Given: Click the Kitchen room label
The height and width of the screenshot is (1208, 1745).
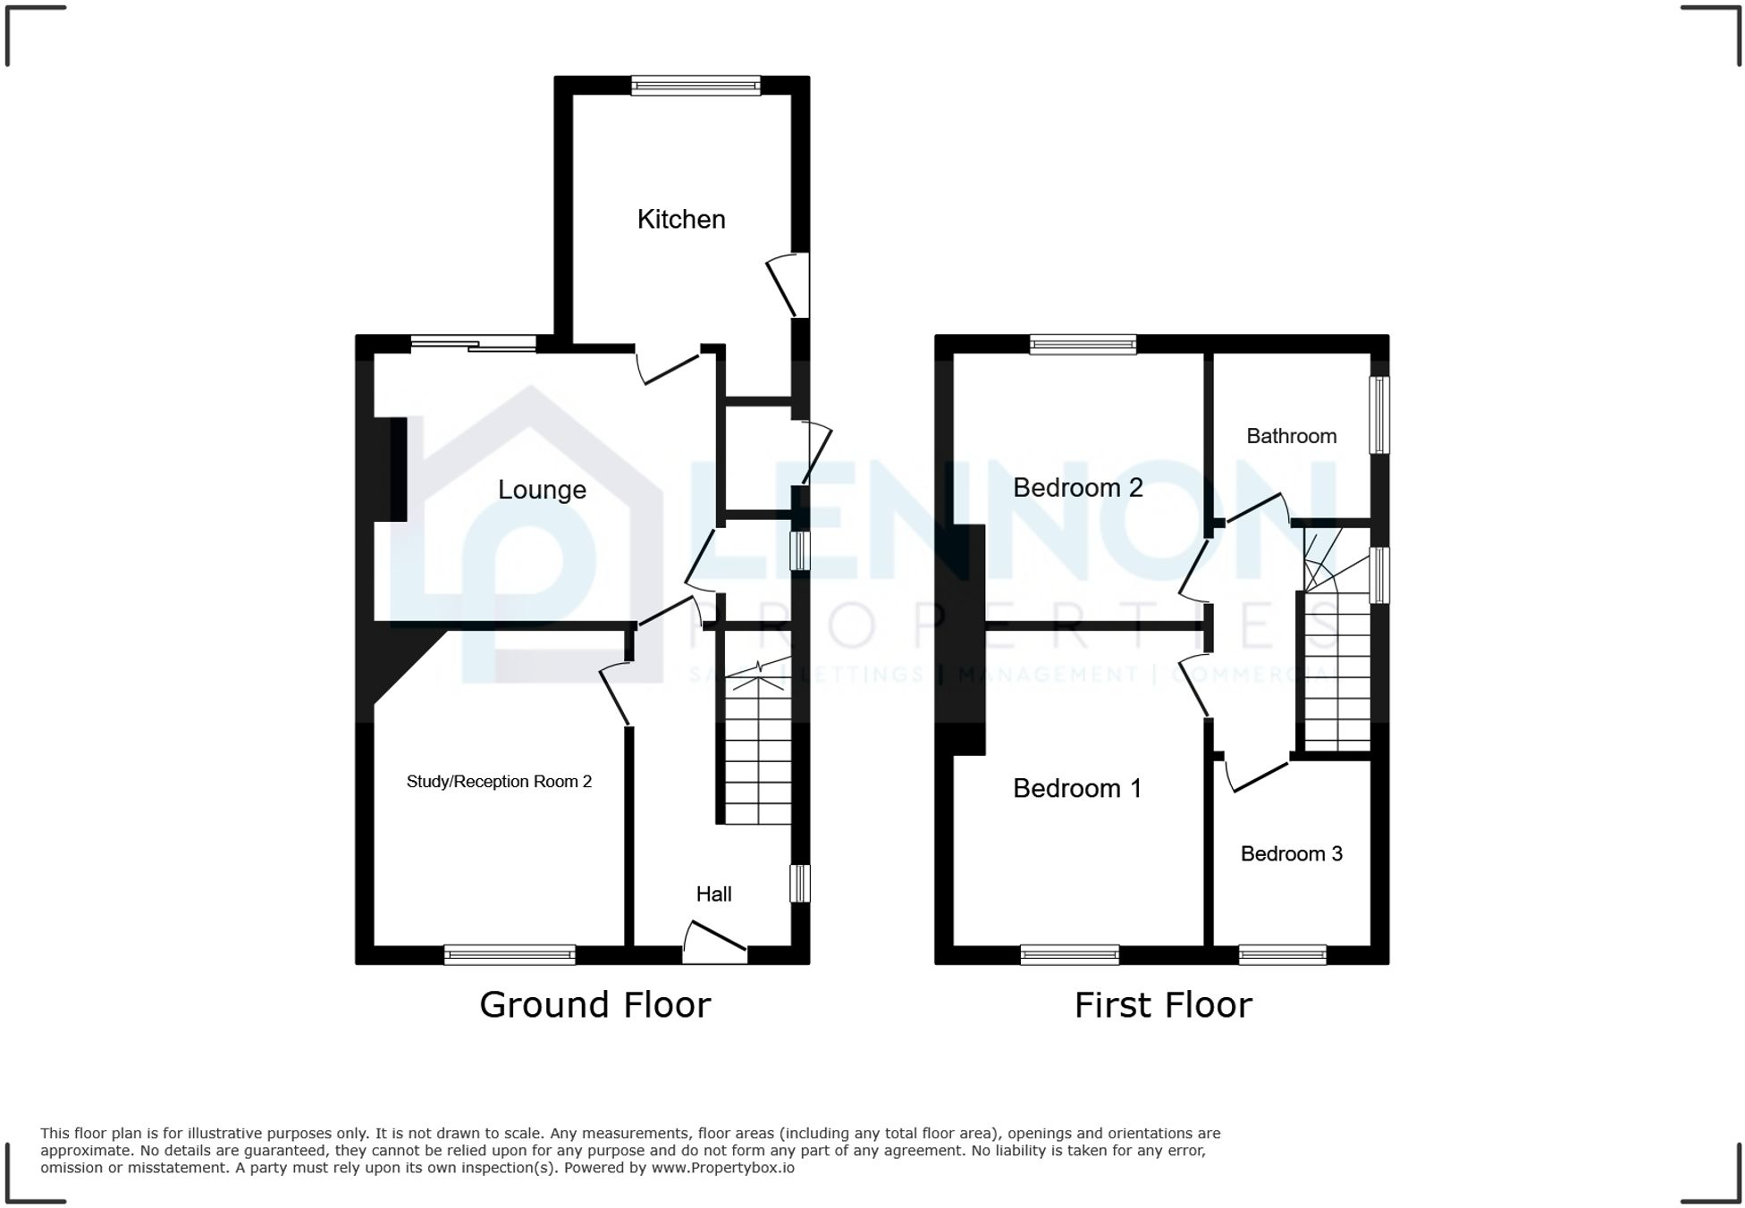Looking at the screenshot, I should pyautogui.click(x=680, y=219).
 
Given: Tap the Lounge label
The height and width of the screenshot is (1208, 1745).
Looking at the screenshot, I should pyautogui.click(x=542, y=490).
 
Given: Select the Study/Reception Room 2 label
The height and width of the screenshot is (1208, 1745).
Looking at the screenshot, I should pyautogui.click(x=499, y=782).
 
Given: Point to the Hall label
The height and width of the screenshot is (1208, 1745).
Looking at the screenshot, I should pyautogui.click(x=713, y=894).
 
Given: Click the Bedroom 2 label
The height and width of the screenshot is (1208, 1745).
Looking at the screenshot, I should pyautogui.click(x=1077, y=488).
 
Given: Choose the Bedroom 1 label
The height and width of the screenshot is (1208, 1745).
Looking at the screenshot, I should pyautogui.click(x=1076, y=788).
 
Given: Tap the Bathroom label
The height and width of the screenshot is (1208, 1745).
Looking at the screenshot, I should pyautogui.click(x=1291, y=436).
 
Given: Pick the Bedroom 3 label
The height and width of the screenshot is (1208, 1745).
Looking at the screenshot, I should pyautogui.click(x=1291, y=854).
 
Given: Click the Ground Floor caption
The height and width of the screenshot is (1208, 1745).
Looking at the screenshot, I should pyautogui.click(x=594, y=1005).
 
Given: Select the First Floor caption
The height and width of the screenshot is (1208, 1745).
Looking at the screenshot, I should pyautogui.click(x=1162, y=1005).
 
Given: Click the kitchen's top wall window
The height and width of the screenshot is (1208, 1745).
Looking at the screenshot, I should pyautogui.click(x=695, y=86).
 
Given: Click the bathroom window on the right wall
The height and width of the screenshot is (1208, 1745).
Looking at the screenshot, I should pyautogui.click(x=1379, y=415).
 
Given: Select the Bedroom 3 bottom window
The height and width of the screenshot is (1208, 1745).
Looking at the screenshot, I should pyautogui.click(x=1282, y=955).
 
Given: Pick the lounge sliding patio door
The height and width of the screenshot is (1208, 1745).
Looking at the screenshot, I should pyautogui.click(x=474, y=344).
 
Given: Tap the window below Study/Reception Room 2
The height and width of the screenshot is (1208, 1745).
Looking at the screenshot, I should pyautogui.click(x=510, y=955).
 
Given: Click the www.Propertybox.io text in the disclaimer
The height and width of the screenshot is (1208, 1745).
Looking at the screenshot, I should pyautogui.click(x=722, y=1168).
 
